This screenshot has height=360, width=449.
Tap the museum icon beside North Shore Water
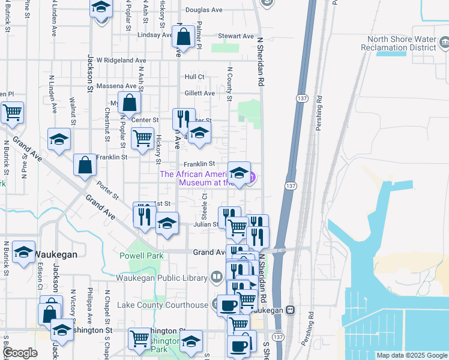444,43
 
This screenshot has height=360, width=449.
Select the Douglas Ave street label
204,10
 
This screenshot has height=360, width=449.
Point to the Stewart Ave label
237,36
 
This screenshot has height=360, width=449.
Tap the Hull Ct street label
194,77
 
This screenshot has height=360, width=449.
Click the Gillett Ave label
200,93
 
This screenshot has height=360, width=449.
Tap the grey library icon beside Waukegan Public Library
217,277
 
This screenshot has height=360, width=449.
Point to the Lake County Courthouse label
162,305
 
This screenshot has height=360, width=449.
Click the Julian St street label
205,224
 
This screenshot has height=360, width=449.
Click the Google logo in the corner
20,353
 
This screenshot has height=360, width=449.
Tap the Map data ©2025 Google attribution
412,355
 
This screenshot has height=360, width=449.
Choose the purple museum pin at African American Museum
253,177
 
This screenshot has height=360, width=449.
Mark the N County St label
229,83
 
